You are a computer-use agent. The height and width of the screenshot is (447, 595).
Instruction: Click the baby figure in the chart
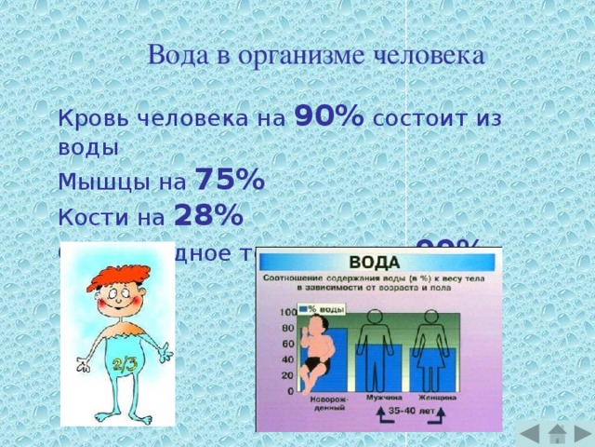click(x=321, y=350)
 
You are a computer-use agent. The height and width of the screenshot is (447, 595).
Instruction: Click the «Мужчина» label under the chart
click(x=378, y=399)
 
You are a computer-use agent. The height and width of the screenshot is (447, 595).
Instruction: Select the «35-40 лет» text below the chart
click(x=408, y=410)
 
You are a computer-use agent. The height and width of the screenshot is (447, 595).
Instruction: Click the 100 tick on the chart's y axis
click(x=286, y=311)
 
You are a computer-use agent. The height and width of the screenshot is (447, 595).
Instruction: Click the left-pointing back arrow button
click(x=527, y=434)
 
